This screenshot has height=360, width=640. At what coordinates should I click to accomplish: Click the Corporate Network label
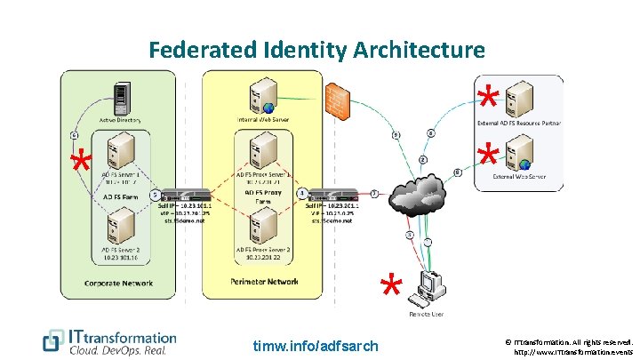120,284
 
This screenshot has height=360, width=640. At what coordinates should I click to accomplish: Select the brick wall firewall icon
339,98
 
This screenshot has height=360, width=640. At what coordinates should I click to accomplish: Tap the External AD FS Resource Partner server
524,97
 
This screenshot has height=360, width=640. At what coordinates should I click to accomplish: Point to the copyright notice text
569,346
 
